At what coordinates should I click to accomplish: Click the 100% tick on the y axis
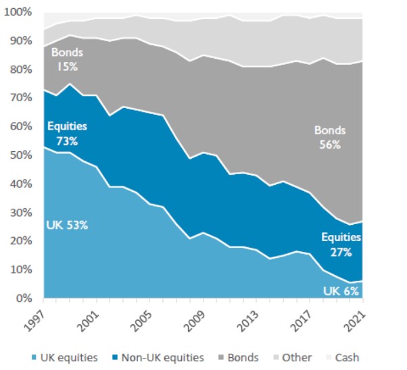click(x=18, y=12)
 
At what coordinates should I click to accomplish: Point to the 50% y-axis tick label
click(x=20, y=155)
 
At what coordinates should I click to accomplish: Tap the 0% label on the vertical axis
click(x=23, y=298)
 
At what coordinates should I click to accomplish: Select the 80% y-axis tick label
click(x=20, y=70)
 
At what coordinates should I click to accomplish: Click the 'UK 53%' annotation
click(x=66, y=225)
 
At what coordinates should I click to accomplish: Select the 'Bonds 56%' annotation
click(x=330, y=136)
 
